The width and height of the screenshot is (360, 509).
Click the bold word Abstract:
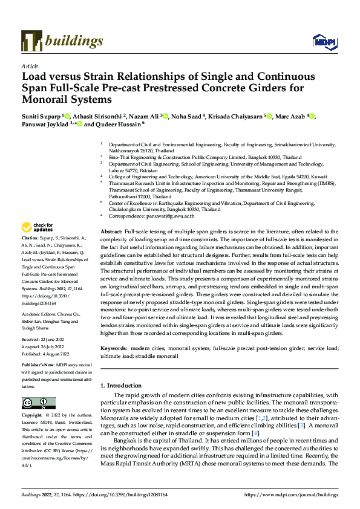[111, 232]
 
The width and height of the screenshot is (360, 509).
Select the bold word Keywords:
[114, 349]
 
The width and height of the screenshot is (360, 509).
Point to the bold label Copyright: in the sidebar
[33, 416]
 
